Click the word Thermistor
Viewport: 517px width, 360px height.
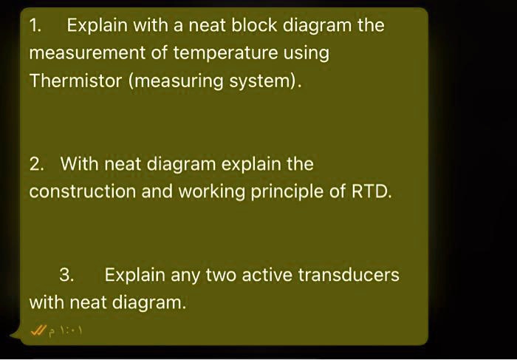click(76, 80)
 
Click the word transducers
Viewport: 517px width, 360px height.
click(349, 275)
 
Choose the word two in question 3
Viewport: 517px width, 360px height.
click(220, 275)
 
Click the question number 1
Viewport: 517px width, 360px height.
click(35, 25)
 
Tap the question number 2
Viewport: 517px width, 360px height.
click(36, 163)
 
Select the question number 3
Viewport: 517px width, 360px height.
click(66, 275)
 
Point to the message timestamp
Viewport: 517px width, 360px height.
click(69, 330)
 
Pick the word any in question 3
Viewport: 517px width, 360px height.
click(185, 275)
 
